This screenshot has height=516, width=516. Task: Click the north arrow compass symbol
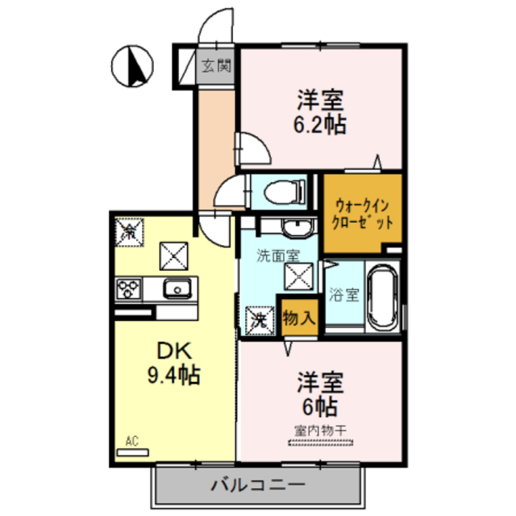click(133, 66)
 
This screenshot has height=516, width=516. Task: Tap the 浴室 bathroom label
click(343, 295)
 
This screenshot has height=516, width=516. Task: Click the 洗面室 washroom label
click(277, 256)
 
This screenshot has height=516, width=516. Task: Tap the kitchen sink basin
click(176, 288)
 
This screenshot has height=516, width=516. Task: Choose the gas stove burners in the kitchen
click(129, 288)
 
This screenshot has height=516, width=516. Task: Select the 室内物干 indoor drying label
click(320, 430)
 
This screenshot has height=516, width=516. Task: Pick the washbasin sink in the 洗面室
click(296, 227)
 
